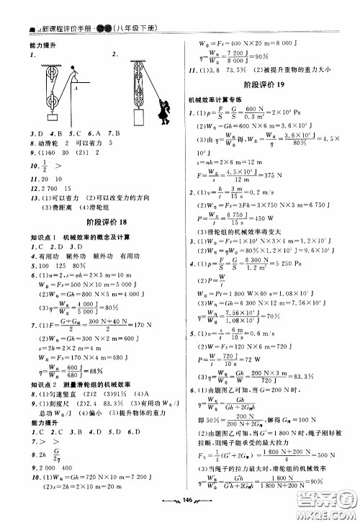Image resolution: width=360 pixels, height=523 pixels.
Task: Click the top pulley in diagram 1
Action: coord(51,73)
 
